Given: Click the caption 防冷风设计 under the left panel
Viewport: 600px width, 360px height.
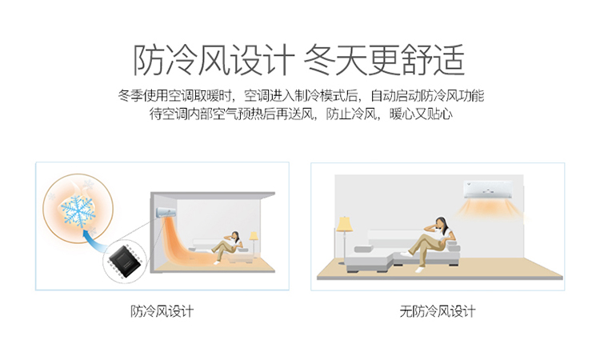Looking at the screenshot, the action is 162,311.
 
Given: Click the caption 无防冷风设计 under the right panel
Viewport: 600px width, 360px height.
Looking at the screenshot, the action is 438,311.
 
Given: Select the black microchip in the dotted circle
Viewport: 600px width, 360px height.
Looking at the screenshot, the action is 125,259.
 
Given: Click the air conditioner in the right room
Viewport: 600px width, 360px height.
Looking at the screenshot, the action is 488,190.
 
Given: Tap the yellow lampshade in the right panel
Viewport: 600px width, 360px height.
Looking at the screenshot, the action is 344,224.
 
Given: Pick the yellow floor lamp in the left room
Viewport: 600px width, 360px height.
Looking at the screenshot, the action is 254,243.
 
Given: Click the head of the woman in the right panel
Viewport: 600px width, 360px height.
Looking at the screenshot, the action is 441,223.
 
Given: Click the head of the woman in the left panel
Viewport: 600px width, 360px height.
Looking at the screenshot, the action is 235,235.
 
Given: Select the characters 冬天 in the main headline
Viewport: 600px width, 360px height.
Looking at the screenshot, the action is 336,60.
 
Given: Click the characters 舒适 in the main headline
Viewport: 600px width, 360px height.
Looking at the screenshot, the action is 434,60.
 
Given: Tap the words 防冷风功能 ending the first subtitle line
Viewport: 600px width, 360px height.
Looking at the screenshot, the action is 453,96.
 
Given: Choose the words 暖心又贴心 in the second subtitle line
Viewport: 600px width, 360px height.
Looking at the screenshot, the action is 421,114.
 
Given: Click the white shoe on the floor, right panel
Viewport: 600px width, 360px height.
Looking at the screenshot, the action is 420,270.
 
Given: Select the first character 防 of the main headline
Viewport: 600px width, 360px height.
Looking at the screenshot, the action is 150,60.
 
